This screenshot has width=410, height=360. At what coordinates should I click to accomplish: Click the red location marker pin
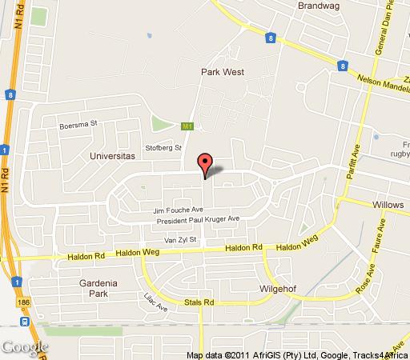205,163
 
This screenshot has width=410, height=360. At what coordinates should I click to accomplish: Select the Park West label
222,72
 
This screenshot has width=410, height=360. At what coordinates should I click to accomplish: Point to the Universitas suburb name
112,157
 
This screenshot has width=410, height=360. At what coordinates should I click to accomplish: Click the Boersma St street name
77,125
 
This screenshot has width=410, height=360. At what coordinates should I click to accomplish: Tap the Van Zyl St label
180,239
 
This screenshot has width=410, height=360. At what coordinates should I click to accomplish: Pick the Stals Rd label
197,303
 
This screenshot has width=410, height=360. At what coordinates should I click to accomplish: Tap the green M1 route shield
188,126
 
